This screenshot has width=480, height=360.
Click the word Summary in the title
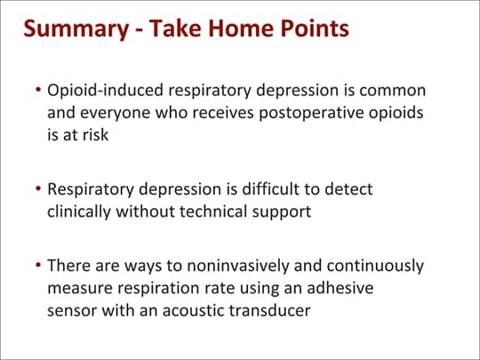pyautogui.click(x=76, y=29)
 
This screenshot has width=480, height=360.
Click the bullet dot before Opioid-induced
pyautogui.click(x=38, y=90)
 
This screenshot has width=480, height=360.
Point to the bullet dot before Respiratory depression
pyautogui.click(x=38, y=188)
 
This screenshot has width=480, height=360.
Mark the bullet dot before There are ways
pyautogui.click(x=38, y=265)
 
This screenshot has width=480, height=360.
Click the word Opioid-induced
pyautogui.click(x=105, y=91)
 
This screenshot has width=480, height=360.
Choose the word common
pyautogui.click(x=393, y=91)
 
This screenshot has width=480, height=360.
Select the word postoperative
pyautogui.click(x=311, y=114)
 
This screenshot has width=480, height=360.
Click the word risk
pyautogui.click(x=95, y=135)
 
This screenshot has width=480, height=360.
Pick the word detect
pyautogui.click(x=348, y=188)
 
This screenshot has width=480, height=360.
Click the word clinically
pyautogui.click(x=79, y=212)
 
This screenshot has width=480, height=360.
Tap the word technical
pyautogui.click(x=213, y=212)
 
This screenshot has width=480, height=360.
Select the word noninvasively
pyautogui.click(x=238, y=266)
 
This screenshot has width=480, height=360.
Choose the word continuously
pyautogui.click(x=375, y=266)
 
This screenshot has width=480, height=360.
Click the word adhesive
pyautogui.click(x=340, y=288)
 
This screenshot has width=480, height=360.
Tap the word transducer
pyautogui.click(x=269, y=310)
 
